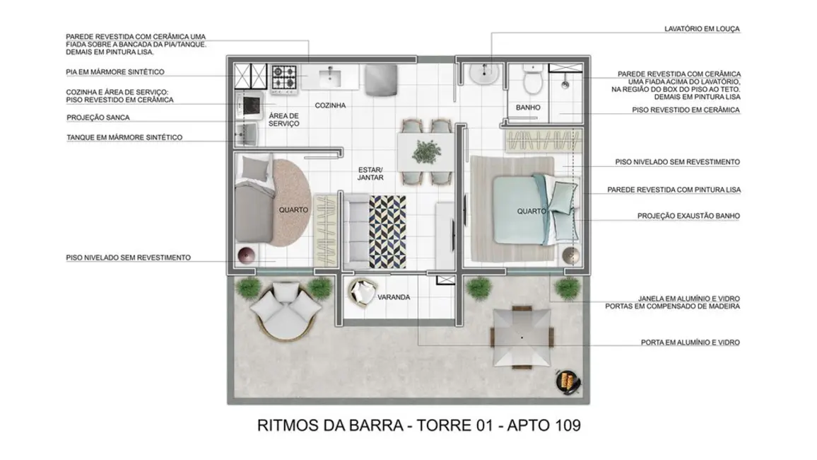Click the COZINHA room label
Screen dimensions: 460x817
pos(330,105)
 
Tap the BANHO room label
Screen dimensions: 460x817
pos(528,108)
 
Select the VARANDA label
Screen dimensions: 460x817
pos(394,297)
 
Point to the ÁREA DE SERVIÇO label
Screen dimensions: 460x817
pos(284,120)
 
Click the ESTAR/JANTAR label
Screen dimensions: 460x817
pos(370,174)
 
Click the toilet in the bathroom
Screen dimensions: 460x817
pos(532,83)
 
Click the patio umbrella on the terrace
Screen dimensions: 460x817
pos(522,338)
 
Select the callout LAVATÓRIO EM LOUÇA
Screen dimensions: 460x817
pos(702,29)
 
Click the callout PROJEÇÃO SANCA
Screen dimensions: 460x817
pos(98,117)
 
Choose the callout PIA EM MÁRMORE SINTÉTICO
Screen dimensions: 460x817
pos(115,72)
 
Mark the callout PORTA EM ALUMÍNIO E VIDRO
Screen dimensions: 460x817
pos(690,343)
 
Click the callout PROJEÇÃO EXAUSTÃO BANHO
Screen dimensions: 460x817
pos(688,216)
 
